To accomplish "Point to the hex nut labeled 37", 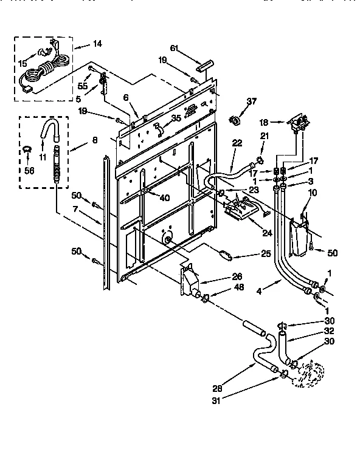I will [x=234, y=120].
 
